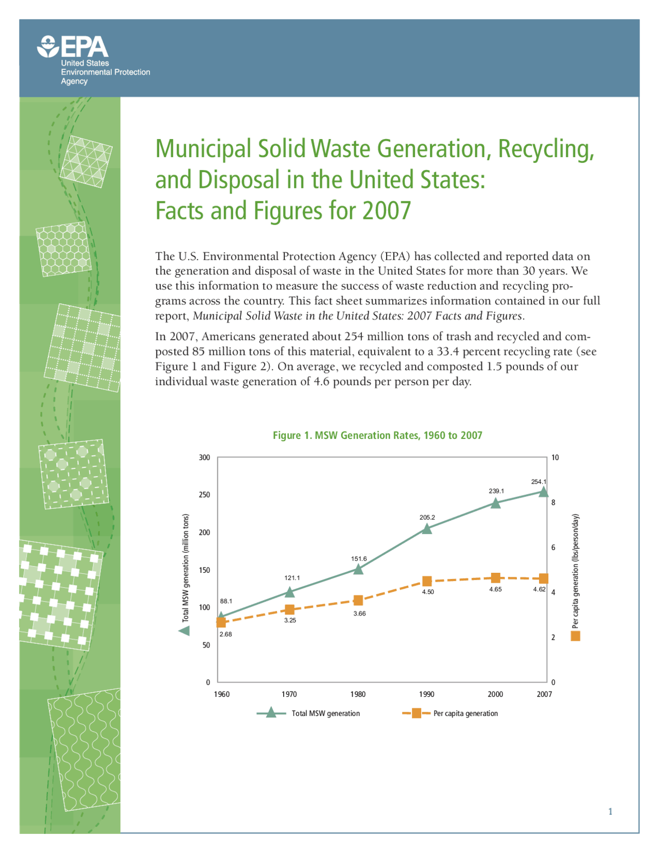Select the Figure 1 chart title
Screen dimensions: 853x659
(377, 435)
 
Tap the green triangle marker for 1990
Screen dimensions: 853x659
(427, 528)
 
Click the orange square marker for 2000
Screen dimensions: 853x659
(495, 578)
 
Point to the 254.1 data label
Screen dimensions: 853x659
(539, 482)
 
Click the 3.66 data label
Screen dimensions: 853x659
(359, 613)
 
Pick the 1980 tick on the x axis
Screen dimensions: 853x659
(358, 694)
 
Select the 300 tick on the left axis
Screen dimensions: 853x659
(204, 457)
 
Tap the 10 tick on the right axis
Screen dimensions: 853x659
(554, 457)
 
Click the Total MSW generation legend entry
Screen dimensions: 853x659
(325, 713)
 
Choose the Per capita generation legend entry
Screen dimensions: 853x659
(465, 713)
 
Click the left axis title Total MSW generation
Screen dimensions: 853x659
(186, 568)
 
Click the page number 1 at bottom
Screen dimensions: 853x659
(611, 812)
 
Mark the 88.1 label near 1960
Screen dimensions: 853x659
(226, 601)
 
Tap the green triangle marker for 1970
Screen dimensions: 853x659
(290, 592)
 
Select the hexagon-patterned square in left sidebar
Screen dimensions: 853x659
(63, 249)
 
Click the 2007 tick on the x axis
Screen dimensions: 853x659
(544, 694)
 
